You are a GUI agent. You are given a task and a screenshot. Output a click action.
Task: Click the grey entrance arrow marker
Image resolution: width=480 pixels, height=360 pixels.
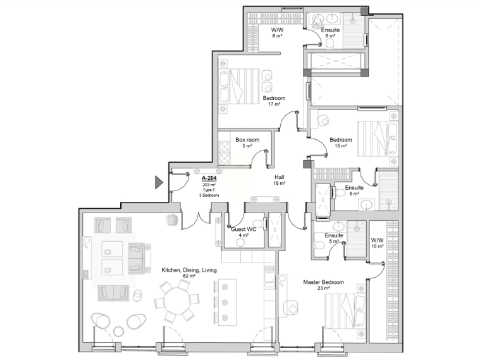coord(159,182)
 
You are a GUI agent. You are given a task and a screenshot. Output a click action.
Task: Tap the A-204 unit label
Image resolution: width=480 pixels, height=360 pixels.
coord(209,178)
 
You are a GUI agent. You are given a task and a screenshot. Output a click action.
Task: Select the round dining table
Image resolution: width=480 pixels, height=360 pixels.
coord(177,302)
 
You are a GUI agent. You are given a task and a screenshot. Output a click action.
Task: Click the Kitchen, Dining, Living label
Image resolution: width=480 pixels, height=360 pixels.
coord(189,270)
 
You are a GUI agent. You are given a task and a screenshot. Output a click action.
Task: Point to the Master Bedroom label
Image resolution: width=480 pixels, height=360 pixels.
coord(323,282)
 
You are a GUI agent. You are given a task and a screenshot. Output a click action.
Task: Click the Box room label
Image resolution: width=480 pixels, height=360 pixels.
coord(247,140)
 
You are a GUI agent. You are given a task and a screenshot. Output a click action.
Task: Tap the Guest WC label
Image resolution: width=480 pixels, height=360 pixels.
coord(243,229)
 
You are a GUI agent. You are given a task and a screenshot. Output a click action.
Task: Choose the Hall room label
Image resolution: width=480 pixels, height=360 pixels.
coord(279,177)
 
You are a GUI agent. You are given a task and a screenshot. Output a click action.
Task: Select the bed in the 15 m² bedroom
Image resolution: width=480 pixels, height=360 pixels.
coord(378,139)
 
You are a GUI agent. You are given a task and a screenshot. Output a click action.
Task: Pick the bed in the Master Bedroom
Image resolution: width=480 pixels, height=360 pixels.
coord(345,311)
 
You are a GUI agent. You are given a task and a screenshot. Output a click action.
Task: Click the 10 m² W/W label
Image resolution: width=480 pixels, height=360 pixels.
coord(377,240)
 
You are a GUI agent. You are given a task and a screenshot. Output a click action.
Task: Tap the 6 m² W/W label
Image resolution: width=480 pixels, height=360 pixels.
coord(278,30)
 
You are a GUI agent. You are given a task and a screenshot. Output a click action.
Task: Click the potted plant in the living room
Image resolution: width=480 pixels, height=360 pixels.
coord(172,220)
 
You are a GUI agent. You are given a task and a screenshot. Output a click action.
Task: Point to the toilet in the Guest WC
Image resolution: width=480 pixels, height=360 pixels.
coord(240,242)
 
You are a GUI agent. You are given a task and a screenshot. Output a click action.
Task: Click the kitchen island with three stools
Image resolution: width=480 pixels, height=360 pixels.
coord(225,302)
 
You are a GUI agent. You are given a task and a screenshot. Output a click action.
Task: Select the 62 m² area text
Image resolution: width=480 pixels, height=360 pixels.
coord(189,276)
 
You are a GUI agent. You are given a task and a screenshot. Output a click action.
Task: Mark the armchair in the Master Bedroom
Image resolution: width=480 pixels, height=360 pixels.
coord(290,307)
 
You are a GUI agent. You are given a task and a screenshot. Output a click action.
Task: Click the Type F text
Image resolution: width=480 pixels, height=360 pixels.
coord(209,190)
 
